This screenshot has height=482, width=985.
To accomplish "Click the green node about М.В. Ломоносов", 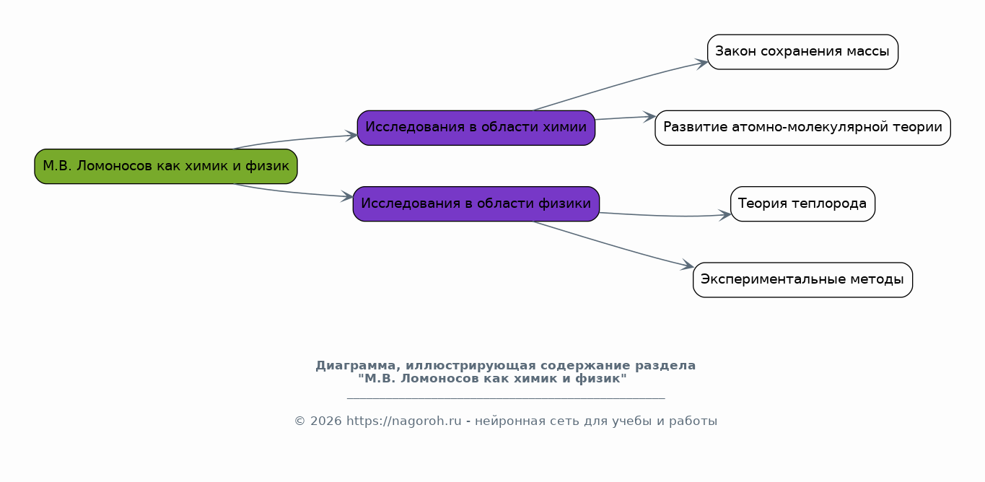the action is click(166, 166).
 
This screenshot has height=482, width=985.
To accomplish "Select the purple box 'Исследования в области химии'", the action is click(476, 128).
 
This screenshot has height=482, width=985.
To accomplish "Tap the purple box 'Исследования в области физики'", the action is click(476, 203).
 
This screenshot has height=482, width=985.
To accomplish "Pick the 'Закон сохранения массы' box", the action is click(802, 52).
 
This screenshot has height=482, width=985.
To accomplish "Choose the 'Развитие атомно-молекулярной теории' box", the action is click(802, 128).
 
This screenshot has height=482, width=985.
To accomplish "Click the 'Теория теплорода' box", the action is click(802, 203).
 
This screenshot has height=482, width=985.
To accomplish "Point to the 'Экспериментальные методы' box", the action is click(802, 280).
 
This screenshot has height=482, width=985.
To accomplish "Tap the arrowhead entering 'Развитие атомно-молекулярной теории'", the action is click(649, 117).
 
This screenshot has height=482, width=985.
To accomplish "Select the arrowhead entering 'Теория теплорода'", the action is click(725, 215).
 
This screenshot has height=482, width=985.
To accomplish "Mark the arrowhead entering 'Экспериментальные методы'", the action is click(688, 266).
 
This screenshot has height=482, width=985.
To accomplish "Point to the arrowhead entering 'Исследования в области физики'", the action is click(347, 196).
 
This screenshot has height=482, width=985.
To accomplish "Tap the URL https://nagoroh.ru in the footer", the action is click(403, 421).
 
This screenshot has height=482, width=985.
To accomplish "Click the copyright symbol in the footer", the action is click(300, 421).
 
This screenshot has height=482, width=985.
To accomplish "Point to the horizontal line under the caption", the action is click(506, 398).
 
